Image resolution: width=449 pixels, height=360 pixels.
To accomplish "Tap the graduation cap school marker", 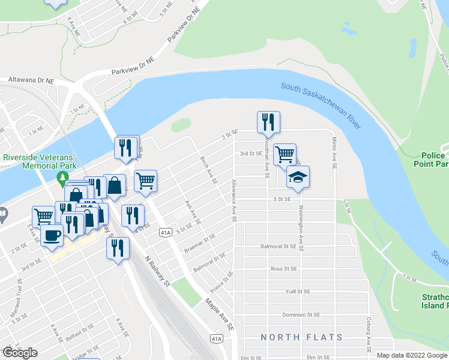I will pos(298,177).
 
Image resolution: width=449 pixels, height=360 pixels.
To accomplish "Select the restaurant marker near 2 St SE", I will pos(268,122).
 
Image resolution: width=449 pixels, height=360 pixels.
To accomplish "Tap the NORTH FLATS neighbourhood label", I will pos(301,338).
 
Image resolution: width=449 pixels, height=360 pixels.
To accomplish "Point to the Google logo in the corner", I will pos(20,353).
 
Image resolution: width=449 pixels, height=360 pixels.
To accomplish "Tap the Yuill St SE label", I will pos(298,292).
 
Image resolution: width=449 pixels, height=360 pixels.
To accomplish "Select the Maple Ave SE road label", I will pos(219,315).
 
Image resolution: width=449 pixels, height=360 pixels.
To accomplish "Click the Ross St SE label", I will pos(285,269).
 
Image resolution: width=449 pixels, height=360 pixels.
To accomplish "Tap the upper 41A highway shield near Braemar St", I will pos(166,232).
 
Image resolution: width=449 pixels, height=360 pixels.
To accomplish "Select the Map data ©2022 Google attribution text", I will pos(412,355).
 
